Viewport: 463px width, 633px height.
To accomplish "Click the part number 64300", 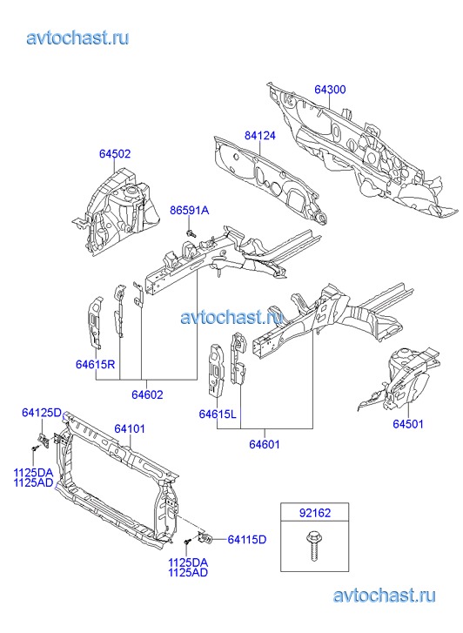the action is (330, 89).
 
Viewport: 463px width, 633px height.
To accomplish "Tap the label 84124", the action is (260, 136).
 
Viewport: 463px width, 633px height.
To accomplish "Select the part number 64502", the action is (115, 154).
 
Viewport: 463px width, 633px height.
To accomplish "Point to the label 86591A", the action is (190, 211).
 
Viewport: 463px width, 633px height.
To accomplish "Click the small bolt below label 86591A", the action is (191, 233).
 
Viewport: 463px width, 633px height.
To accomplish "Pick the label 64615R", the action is (95, 364).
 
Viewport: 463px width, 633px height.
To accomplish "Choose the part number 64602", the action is (147, 394).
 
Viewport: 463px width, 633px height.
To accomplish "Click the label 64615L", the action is (218, 414).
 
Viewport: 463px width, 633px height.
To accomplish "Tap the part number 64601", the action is (265, 444).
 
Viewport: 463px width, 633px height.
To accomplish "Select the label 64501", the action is (408, 424).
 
